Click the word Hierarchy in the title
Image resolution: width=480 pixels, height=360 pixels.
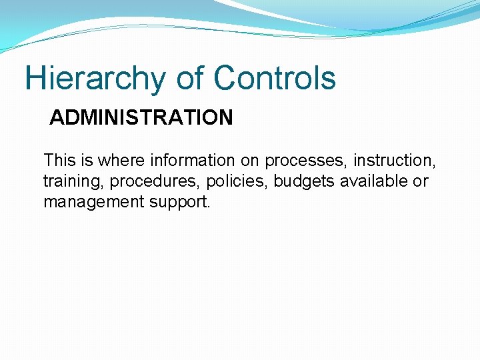pyautogui.click(x=95, y=79)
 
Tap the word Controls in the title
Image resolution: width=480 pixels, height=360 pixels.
pyautogui.click(x=275, y=78)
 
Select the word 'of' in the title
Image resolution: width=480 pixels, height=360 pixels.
pyautogui.click(x=191, y=78)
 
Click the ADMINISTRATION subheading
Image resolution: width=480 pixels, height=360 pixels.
pyautogui.click(x=141, y=118)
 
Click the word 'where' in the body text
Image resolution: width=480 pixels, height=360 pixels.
pyautogui.click(x=122, y=161)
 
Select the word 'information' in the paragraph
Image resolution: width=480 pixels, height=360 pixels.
pyautogui.click(x=193, y=161)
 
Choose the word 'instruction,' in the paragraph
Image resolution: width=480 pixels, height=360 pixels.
pyautogui.click(x=395, y=161)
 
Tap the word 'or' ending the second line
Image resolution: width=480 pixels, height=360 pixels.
pyautogui.click(x=420, y=182)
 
